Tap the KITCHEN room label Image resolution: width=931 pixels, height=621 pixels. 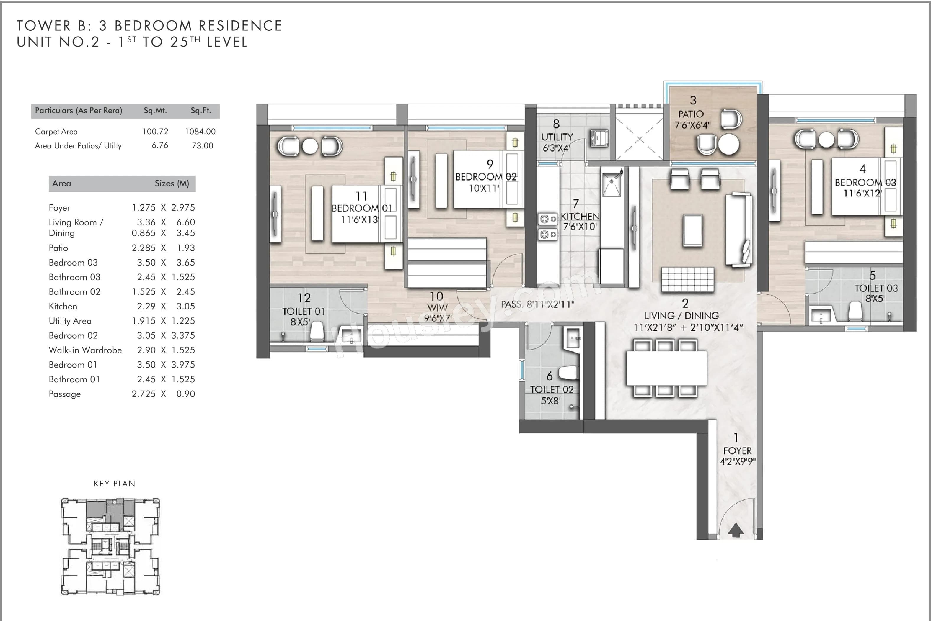[x=580, y=217]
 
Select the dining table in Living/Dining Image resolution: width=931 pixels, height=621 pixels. [x=666, y=368]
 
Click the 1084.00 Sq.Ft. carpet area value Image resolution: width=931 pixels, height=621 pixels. [x=200, y=132]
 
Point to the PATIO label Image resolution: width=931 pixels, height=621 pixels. [x=691, y=114]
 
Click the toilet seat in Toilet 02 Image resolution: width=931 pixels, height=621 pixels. [x=568, y=372]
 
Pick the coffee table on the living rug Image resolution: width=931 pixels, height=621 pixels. [x=692, y=230]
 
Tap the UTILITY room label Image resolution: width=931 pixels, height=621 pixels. [x=557, y=137]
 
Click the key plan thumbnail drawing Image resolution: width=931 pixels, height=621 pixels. [x=110, y=547]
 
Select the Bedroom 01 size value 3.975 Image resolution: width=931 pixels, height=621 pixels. [x=183, y=365]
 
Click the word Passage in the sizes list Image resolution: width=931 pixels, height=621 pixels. [x=65, y=394]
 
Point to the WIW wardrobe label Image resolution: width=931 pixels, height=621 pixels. [x=437, y=307]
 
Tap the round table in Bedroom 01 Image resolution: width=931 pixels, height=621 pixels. [x=310, y=146]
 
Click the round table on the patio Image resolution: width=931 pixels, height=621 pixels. [x=728, y=144]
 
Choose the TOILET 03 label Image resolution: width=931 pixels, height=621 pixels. [x=876, y=288]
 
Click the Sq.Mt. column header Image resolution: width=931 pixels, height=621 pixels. [x=155, y=111]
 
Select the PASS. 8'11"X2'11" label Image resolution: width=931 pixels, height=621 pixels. [x=537, y=304]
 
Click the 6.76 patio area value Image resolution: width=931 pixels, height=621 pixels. [x=160, y=146]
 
